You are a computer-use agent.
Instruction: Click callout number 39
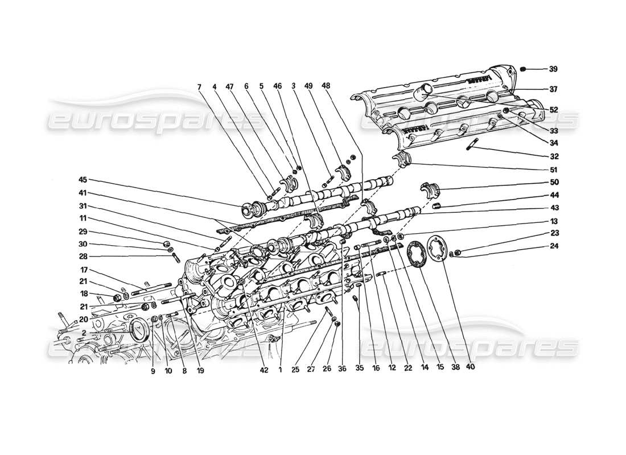553,69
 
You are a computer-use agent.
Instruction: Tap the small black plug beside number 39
525,69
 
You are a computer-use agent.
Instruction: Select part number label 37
553,89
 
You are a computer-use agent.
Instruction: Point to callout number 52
553,109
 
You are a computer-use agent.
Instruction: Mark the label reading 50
553,183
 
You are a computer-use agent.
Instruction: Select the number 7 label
199,87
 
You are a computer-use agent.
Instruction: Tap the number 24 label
553,247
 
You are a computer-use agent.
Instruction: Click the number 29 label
83,233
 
